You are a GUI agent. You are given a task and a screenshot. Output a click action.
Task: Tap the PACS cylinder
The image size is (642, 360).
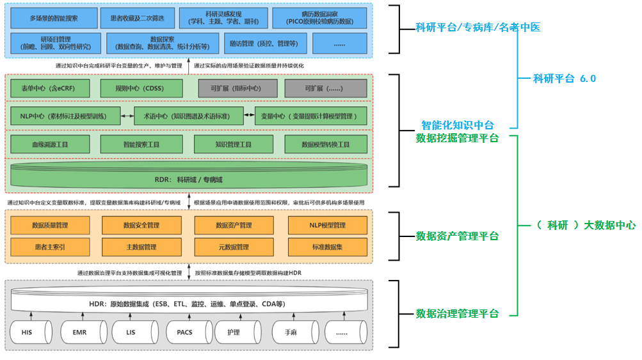(x=184, y=332)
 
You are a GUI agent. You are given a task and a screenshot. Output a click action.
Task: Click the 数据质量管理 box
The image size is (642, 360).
(x=51, y=225)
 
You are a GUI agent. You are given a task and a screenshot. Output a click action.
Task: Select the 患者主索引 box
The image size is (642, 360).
(x=51, y=247)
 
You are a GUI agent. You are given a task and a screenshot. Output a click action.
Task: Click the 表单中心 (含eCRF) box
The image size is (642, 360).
(x=51, y=88)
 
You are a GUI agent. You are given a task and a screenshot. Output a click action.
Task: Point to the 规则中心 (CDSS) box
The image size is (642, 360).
(x=141, y=88)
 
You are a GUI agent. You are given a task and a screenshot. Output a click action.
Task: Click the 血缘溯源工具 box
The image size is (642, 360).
(x=51, y=145)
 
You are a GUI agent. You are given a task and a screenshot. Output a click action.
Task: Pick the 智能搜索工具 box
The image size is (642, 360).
(x=141, y=145)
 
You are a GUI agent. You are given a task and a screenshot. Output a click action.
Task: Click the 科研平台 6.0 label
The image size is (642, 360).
(x=564, y=79)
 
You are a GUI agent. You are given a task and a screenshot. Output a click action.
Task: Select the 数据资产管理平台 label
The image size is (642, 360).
(x=457, y=236)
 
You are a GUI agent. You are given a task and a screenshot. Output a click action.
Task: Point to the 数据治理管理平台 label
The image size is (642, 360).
(x=457, y=313)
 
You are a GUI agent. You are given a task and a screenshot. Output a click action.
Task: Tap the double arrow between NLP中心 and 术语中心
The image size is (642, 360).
(x=128, y=116)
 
